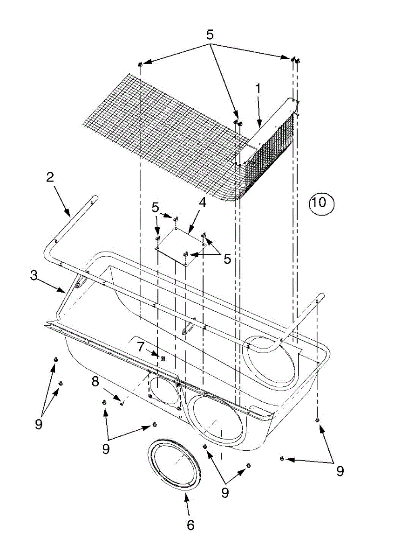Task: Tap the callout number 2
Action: [50, 177]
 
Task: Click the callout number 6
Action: [190, 525]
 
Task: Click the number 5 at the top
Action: [211, 35]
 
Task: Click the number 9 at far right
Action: [340, 471]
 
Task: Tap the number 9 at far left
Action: [38, 423]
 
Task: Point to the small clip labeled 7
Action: [163, 358]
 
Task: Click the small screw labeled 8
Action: [121, 404]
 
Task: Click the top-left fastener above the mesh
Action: [140, 63]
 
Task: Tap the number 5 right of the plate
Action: [227, 259]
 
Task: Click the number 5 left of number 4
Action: [156, 207]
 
